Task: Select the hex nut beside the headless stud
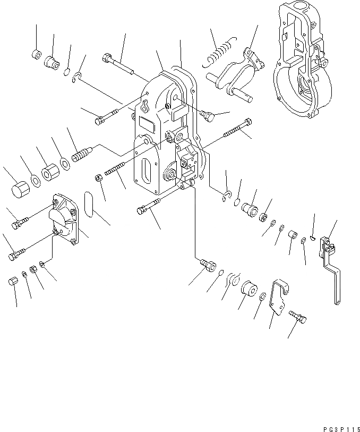click(x=98, y=177)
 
